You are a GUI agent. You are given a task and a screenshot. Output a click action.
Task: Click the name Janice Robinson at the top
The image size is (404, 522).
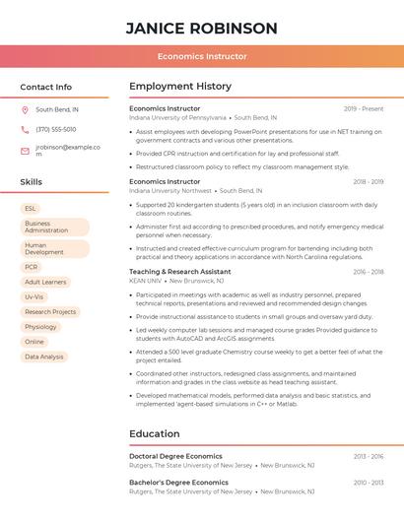(x=202, y=28)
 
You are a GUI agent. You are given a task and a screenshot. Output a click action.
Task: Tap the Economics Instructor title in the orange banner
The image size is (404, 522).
(x=202, y=56)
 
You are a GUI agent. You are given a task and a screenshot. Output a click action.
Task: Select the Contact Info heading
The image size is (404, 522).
(x=46, y=87)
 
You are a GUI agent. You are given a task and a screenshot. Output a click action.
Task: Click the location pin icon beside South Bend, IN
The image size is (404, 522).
(x=25, y=110)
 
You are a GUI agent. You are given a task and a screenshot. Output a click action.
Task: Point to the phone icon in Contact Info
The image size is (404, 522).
(x=25, y=129)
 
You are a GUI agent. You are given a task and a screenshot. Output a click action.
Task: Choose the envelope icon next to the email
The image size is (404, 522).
(x=25, y=151)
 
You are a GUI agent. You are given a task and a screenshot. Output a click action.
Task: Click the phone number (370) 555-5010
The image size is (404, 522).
(x=56, y=129)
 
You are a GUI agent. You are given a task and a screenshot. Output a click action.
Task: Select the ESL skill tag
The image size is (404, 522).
(x=31, y=209)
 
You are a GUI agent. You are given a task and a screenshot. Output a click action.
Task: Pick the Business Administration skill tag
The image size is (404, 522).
(x=54, y=227)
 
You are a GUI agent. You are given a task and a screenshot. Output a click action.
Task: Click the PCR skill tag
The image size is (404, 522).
(x=32, y=267)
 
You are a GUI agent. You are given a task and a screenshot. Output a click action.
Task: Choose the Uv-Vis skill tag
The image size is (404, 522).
(x=34, y=296)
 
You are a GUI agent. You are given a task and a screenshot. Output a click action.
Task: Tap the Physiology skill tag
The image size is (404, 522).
(x=41, y=326)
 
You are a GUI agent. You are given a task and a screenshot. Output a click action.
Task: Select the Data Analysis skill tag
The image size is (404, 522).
(x=44, y=357)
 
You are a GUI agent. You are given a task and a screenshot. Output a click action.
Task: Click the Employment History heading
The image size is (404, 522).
(x=180, y=87)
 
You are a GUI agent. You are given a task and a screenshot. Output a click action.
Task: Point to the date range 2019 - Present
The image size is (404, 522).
(x=364, y=108)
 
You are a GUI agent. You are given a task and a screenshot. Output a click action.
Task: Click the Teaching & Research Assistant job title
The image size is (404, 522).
(x=180, y=271)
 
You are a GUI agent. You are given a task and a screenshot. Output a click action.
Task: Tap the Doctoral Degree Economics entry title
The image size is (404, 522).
(x=175, y=456)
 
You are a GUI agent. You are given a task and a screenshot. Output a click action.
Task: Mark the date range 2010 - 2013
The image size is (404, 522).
(x=370, y=483)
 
